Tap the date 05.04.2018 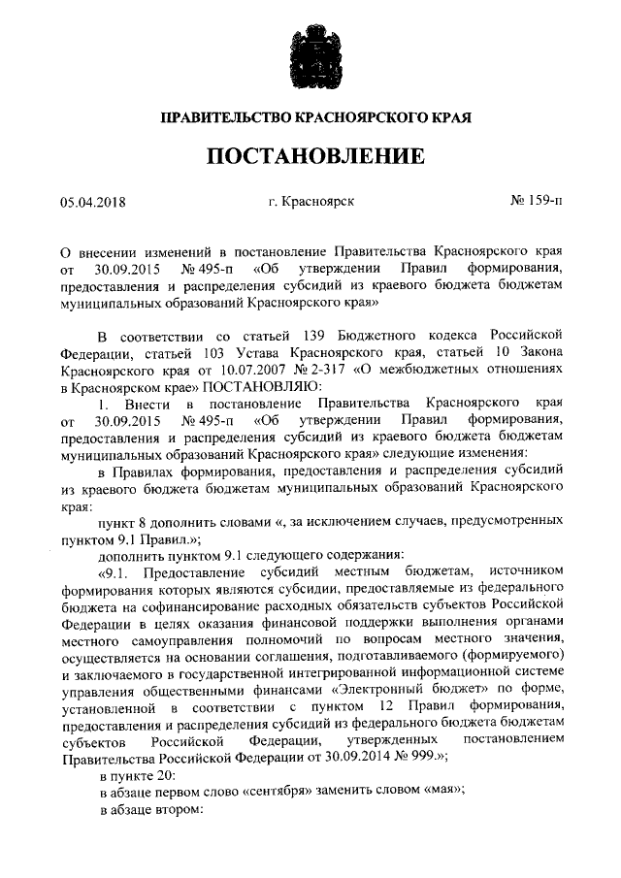tap(94, 203)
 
